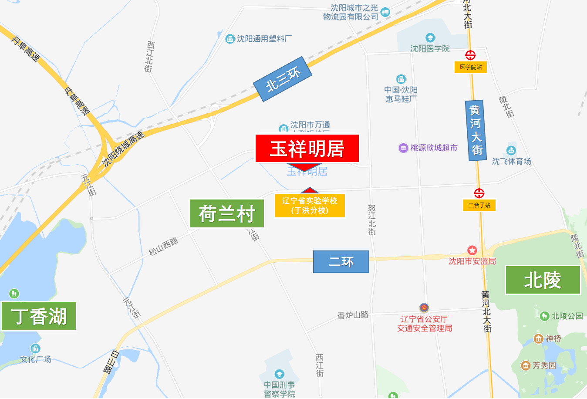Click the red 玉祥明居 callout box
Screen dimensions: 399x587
[x=307, y=149]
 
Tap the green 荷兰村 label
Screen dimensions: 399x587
[x=227, y=213]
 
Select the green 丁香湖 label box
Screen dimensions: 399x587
[x=39, y=316]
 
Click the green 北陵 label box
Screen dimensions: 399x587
[x=543, y=280]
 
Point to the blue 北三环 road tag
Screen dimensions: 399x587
[x=283, y=79]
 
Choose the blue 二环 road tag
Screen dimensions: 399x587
[x=341, y=262]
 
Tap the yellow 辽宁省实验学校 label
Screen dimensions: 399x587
[x=310, y=206]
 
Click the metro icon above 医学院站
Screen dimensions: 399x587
[x=470, y=55]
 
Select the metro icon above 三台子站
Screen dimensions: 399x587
[x=479, y=193]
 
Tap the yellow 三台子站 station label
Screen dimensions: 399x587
[x=479, y=205]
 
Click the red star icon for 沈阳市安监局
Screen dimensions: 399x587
[x=472, y=250]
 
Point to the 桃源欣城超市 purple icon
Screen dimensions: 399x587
[x=403, y=148]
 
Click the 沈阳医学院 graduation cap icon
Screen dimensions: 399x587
[x=430, y=38]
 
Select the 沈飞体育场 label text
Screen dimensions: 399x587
[x=511, y=161]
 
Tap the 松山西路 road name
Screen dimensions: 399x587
[x=163, y=247]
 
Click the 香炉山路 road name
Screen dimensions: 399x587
[x=353, y=314]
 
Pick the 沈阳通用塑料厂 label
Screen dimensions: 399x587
[x=264, y=39]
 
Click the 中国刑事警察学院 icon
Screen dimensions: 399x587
[x=279, y=374]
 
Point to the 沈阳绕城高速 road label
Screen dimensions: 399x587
[x=123, y=149]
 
